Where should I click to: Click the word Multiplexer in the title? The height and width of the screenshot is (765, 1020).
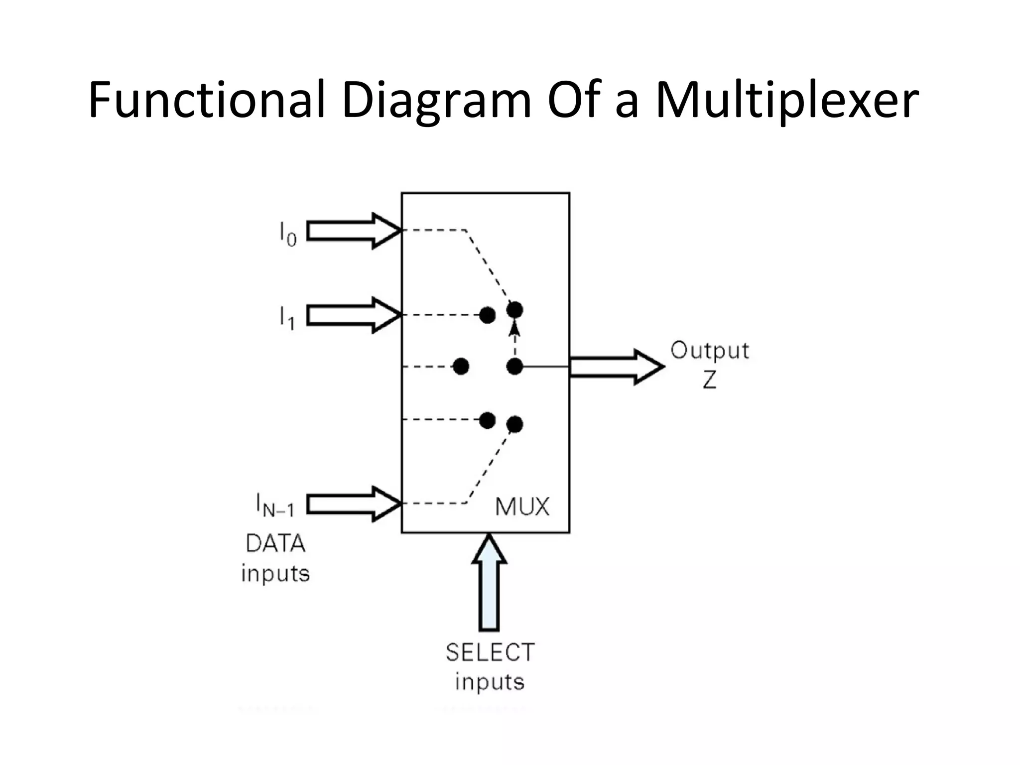click(x=787, y=101)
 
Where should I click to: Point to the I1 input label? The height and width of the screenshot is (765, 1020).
click(x=287, y=318)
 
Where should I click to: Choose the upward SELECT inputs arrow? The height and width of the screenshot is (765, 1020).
click(x=489, y=583)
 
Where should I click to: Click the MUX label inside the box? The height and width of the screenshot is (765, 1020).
click(x=522, y=507)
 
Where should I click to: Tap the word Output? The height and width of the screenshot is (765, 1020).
click(x=709, y=351)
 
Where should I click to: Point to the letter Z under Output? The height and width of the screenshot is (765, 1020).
click(x=710, y=381)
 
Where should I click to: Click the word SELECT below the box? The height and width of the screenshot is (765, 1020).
click(x=490, y=652)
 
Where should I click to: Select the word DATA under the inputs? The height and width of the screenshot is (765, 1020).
click(x=275, y=543)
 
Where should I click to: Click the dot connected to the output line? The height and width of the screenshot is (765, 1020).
click(x=514, y=367)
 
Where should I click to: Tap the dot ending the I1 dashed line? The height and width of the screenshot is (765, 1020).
click(x=487, y=315)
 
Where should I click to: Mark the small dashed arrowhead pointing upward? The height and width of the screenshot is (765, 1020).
click(x=515, y=329)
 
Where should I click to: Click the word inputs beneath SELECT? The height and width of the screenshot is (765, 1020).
click(x=490, y=682)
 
